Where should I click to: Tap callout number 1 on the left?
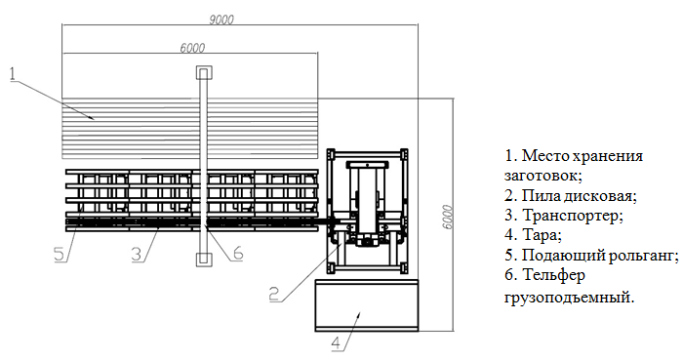click(x=13, y=71)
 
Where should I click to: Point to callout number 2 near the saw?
click(x=276, y=291)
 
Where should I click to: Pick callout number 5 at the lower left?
click(x=59, y=254)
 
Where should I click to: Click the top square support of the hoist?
click(x=203, y=73)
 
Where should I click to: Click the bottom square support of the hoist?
click(x=203, y=260)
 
